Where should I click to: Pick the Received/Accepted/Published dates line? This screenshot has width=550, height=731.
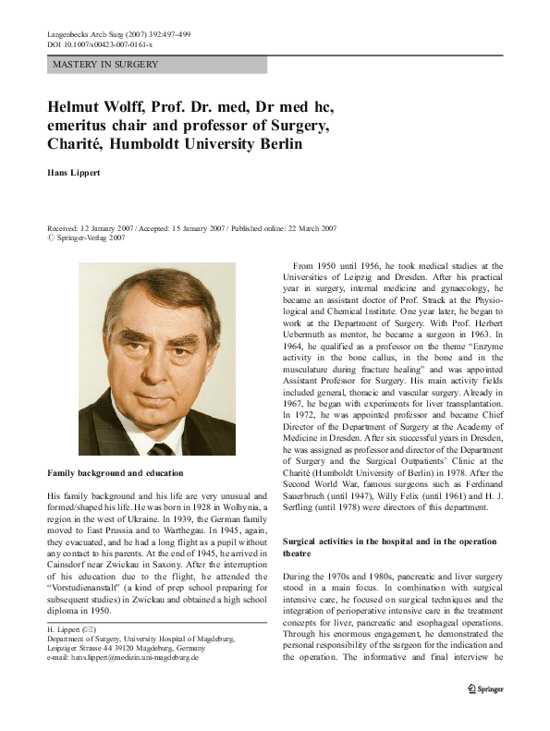point(191,227)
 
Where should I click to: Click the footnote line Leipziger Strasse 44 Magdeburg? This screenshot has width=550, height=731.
point(137,648)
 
